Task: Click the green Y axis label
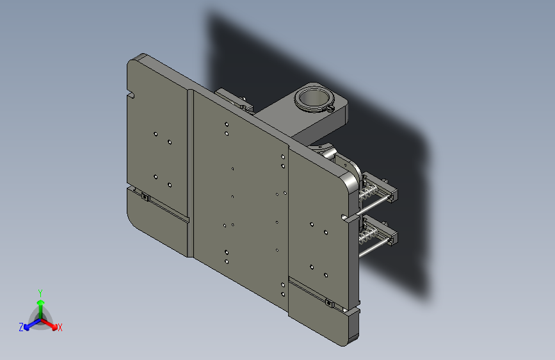[40, 293]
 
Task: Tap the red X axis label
[60, 327]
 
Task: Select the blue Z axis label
[21, 327]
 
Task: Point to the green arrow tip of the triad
[41, 302]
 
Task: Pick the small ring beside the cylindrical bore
[330, 108]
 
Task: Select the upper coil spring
[369, 192]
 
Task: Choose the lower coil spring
[369, 235]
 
